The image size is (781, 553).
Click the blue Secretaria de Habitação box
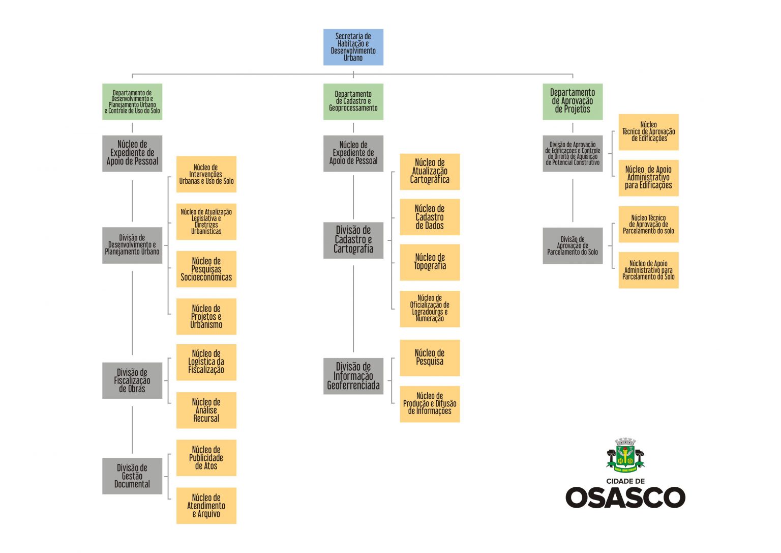353,47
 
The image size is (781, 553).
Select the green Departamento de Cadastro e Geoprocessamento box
353,101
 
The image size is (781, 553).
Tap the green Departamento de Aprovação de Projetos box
572,101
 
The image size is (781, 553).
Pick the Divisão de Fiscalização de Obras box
132,380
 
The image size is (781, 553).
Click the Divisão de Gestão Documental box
132,476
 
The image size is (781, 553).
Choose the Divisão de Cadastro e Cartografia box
353,240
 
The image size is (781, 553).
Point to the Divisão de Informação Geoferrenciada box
353,376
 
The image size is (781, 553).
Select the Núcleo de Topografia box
430,262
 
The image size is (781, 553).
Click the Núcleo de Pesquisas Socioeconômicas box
206,269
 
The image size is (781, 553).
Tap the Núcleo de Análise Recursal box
206,410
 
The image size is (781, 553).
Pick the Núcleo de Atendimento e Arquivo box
206,505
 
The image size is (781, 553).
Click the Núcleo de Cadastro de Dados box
430,217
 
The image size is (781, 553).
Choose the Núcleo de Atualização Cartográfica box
430,172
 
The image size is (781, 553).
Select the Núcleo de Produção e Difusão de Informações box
430,404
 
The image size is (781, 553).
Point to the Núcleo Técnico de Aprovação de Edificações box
648,132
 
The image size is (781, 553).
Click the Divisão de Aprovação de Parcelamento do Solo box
572,245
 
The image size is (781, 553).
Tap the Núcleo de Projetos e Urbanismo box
206,316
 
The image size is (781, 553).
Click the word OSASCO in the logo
625,497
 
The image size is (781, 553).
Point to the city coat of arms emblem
625,455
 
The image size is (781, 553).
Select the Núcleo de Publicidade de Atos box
206,458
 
